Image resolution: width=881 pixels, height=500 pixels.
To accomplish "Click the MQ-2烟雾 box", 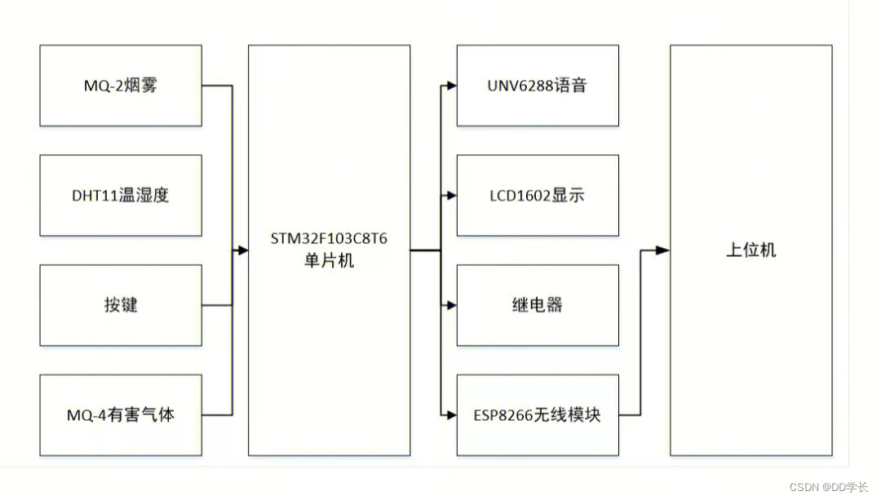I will coord(121,86).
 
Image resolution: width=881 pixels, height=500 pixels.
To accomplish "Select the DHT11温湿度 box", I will coord(121,196).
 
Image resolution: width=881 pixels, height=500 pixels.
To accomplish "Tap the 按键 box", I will coord(121,305).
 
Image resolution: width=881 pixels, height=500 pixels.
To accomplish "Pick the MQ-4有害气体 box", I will coord(121,414).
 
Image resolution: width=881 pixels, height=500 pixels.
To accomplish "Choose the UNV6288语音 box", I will coord(538,86).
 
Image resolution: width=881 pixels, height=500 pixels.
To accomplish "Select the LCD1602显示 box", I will coord(538,196).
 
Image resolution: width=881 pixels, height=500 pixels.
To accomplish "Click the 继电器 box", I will coord(538,305).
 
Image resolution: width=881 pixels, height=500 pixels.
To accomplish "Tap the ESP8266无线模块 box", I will coord(538,414).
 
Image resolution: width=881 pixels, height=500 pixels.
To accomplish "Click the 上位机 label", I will coord(751,250).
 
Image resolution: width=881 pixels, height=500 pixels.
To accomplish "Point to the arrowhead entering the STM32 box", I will coord(242,250).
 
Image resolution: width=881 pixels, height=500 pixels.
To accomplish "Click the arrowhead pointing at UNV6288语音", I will coord(451,86).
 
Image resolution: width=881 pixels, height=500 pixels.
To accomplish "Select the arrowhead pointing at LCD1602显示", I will coord(451,196).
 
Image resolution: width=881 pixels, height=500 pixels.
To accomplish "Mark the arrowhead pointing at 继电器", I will coord(451,305).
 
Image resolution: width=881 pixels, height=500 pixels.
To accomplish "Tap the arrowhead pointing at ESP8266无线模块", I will coord(451,414).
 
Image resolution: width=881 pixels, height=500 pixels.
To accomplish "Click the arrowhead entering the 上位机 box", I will coord(664,250).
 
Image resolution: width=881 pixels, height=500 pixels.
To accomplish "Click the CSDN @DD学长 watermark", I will coord(829,487).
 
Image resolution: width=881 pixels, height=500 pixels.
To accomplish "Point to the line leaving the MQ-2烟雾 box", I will coord(217,86).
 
